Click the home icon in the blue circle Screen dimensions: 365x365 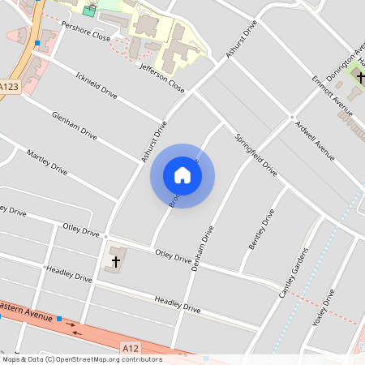click(182, 175)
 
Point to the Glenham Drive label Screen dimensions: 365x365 click(74, 126)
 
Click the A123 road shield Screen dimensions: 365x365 click(9, 87)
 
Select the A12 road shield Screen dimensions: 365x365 click(130, 347)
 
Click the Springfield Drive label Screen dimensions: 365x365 click(256, 155)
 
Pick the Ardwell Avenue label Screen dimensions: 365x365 click(315, 140)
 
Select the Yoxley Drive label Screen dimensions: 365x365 click(323, 307)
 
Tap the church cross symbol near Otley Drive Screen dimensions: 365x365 click(115, 261)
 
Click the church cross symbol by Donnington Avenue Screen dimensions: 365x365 click(360, 78)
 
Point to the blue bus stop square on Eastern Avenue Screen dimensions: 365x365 click(60, 319)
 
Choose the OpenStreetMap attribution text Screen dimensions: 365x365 click(81, 359)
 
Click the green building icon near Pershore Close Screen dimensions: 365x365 click(88, 11)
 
